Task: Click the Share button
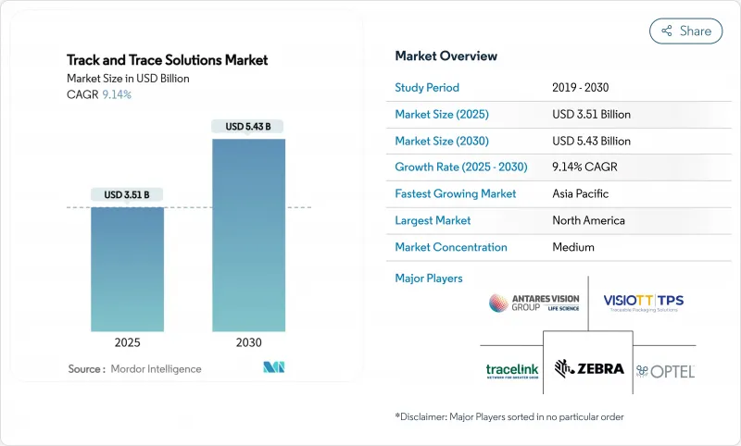686,31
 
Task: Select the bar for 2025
127,268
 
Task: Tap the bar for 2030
248,235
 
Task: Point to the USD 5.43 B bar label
248,126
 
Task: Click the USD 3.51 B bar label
127,194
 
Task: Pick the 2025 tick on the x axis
127,341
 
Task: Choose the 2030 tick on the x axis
248,341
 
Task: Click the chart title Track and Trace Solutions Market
168,60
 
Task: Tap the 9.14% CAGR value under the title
116,95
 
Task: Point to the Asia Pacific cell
582,194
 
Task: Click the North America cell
588,220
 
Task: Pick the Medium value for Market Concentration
572,247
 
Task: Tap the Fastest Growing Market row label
456,194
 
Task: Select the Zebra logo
589,368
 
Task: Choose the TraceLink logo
512,370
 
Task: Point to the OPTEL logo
666,370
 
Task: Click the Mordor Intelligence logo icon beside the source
273,368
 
